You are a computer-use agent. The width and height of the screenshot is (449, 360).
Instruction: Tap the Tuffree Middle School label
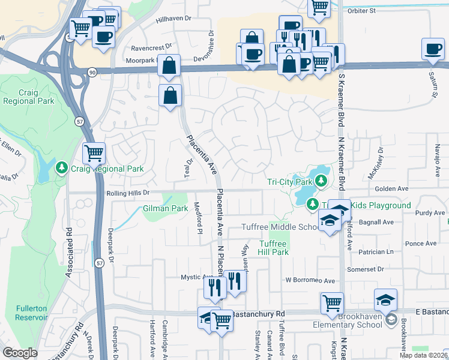[281, 227]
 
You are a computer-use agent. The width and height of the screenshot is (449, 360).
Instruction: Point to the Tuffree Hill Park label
[274, 248]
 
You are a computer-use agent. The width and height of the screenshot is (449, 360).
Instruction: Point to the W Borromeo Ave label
[310, 280]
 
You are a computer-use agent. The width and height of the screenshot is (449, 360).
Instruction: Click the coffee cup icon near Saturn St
[433, 49]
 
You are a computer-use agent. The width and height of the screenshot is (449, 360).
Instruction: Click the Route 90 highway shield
[91, 72]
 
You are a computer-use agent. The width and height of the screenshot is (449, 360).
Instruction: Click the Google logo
[20, 353]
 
